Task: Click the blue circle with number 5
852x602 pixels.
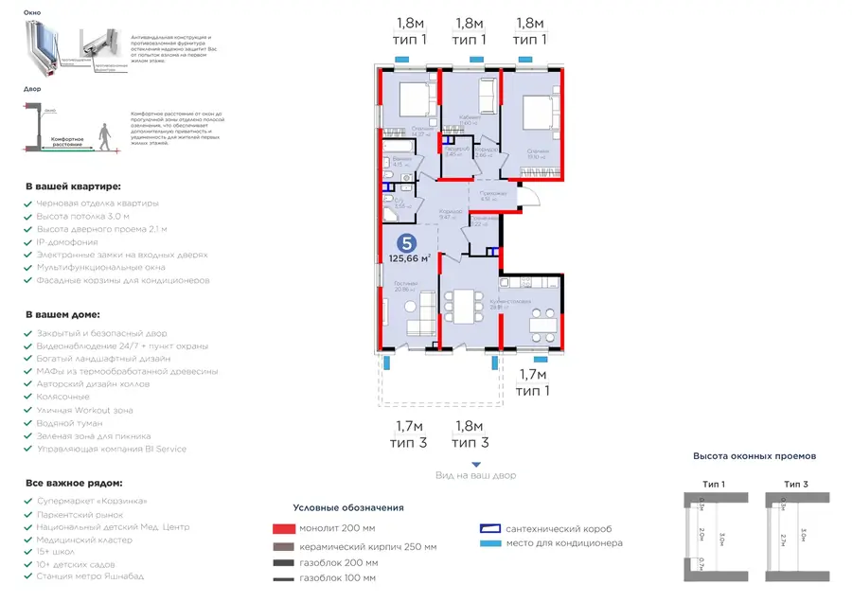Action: coord(407,242)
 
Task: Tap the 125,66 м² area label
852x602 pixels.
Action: coord(410,257)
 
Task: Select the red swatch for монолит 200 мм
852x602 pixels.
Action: coord(283,529)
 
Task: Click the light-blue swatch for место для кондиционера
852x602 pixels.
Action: coord(489,543)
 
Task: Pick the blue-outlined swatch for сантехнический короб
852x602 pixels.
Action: coord(489,529)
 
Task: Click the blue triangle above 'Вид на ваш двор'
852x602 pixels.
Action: coord(475,463)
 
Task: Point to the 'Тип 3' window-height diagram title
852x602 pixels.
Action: coord(796,484)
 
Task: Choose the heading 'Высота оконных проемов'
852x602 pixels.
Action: coord(754,456)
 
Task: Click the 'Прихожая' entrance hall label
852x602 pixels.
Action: coord(492,193)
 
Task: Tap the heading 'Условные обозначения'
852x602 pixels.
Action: coord(348,508)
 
